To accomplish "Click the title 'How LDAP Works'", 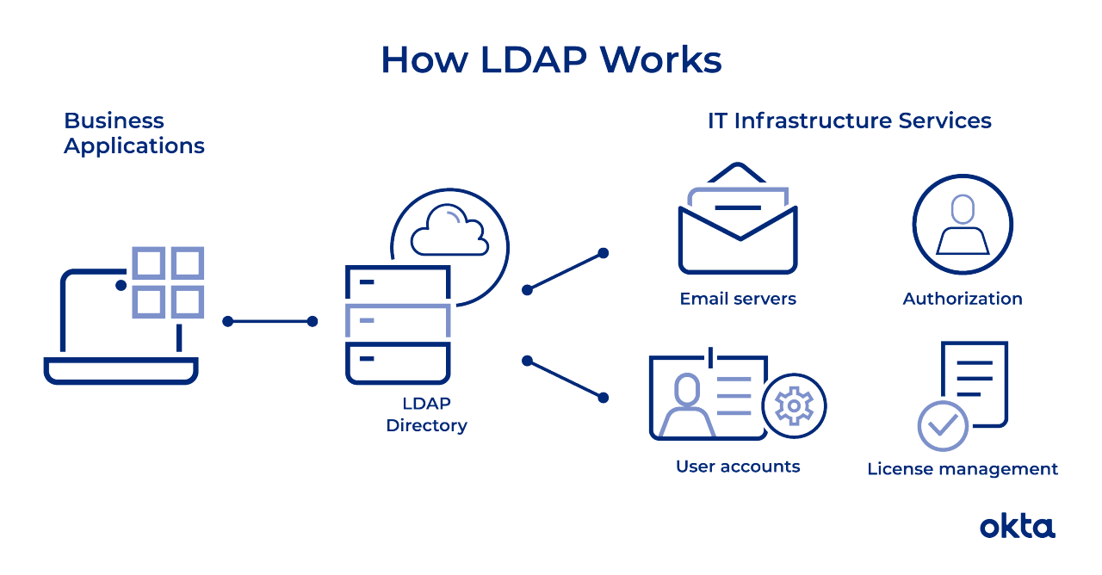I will (x=551, y=60).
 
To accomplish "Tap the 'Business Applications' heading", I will (x=133, y=133).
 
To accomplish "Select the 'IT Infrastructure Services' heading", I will (x=849, y=121).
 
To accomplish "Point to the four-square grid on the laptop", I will (x=168, y=282).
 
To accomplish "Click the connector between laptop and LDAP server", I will (x=269, y=322).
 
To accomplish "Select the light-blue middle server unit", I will (x=398, y=320).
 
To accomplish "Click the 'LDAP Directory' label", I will (x=426, y=414).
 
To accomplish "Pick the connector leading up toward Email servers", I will (x=565, y=271).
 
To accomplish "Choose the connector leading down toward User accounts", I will (x=565, y=379).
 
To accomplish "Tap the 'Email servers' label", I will (x=738, y=299).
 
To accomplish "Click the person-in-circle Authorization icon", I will (x=963, y=224).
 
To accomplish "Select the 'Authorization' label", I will (x=963, y=299).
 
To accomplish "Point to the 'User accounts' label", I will (x=738, y=467).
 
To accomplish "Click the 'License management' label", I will (x=963, y=469).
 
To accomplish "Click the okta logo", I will (x=1018, y=526).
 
